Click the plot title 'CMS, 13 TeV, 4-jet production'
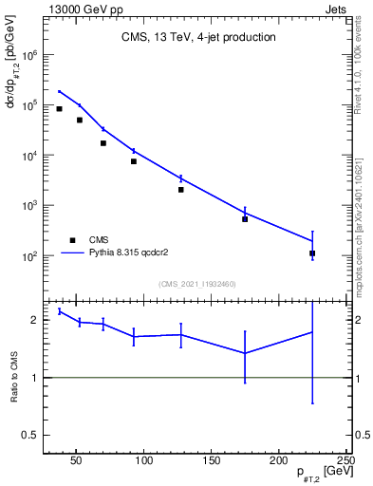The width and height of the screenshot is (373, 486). click(x=198, y=38)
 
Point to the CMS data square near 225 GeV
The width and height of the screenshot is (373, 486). click(x=312, y=253)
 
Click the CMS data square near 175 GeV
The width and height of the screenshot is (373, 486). click(x=245, y=219)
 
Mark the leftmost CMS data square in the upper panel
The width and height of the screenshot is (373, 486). click(x=59, y=109)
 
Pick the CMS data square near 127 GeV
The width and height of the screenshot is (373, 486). click(x=180, y=190)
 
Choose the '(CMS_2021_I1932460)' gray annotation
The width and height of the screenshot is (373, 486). click(x=197, y=283)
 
